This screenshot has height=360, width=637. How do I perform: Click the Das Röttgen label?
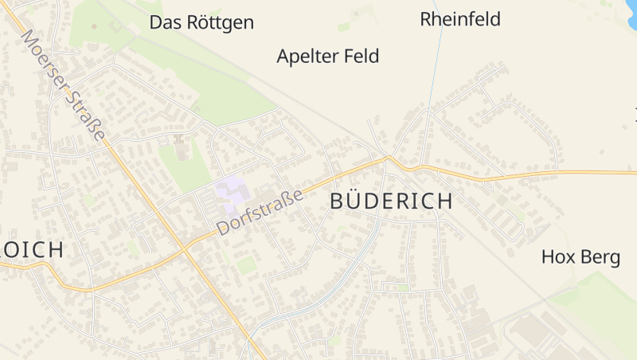[201, 22]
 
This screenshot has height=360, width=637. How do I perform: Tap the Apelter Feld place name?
[327, 57]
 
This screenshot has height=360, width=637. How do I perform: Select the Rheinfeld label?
[460, 19]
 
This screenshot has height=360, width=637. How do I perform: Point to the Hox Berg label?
[580, 257]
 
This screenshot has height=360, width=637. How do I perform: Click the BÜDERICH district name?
[391, 202]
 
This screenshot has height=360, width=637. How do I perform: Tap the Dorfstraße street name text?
[260, 210]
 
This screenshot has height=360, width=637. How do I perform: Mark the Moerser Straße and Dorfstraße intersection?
[185, 248]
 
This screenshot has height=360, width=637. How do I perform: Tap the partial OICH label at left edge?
[32, 249]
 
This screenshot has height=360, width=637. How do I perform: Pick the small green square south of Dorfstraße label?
[246, 264]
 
